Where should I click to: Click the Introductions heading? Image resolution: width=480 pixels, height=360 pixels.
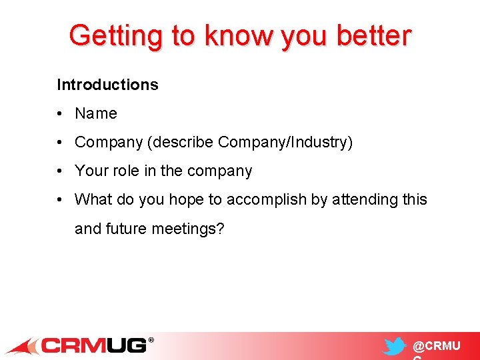point(107,85)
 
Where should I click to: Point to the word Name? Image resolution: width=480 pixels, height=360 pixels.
point(96,114)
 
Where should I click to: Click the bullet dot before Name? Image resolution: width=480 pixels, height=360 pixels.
point(60,114)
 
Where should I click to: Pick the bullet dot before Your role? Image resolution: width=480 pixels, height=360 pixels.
point(60,171)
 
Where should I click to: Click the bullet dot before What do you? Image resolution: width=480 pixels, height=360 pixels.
point(60,200)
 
